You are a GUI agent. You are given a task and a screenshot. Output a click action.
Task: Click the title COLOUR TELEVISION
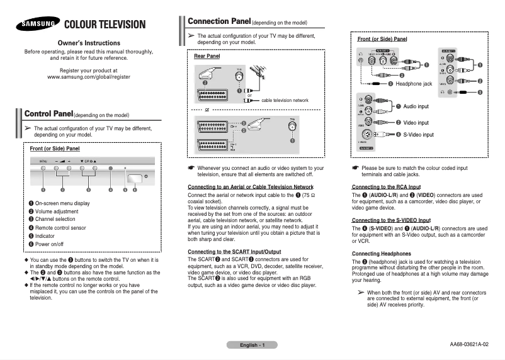point(105,25)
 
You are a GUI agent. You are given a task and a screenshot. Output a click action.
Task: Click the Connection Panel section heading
point(219,21)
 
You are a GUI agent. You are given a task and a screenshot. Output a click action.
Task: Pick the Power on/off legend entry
point(52,243)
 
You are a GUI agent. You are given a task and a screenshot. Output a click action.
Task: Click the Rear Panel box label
point(207,57)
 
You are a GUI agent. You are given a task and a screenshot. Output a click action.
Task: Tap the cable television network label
point(285,100)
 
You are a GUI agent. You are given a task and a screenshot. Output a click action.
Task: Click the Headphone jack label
point(414,83)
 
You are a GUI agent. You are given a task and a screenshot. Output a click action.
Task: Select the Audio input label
point(416,106)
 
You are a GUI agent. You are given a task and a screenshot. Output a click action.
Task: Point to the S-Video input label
point(418,135)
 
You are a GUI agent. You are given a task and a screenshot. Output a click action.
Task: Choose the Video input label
point(416,123)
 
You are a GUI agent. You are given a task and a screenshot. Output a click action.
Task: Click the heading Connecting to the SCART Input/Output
point(234,252)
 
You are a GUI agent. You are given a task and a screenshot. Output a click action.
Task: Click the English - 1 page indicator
point(252,345)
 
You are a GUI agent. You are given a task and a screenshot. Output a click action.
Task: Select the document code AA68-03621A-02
point(468,345)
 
